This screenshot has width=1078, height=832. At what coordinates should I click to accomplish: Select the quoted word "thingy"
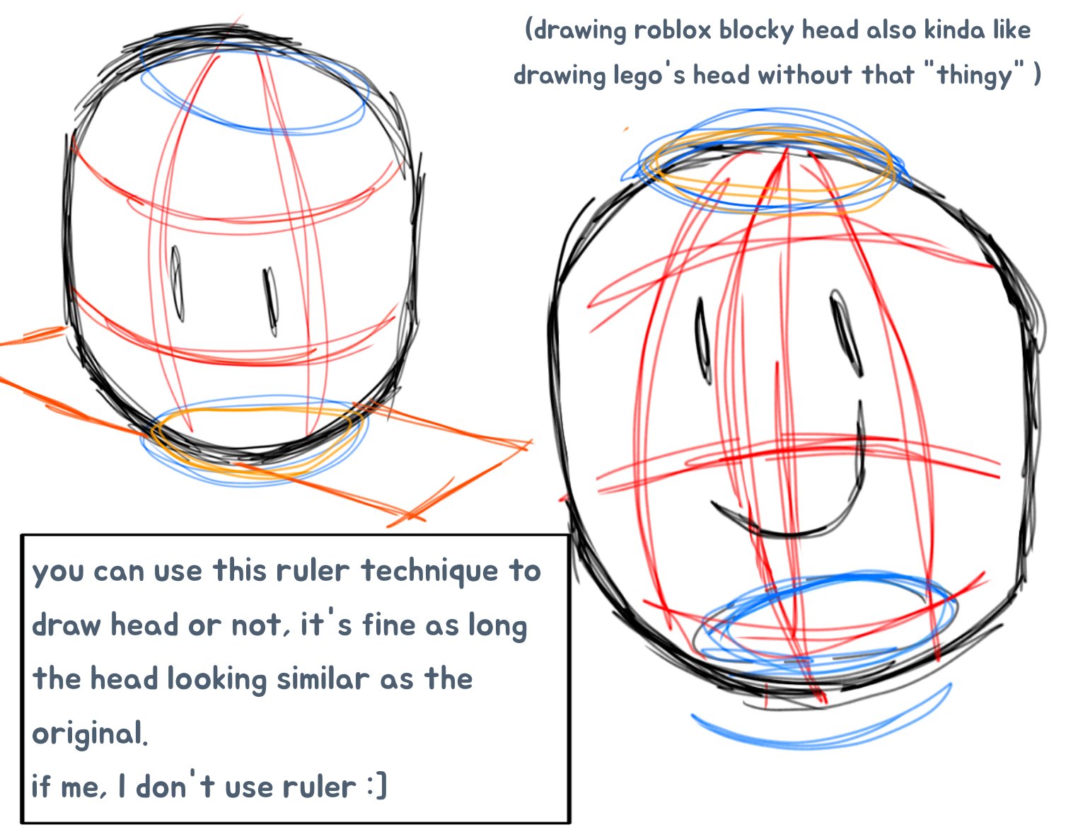[x=975, y=74]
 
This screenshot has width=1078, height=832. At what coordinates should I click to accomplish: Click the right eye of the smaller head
[x=270, y=302]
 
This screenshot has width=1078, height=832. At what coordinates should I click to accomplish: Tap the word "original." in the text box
[x=90, y=733]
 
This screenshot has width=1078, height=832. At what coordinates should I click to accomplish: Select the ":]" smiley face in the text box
[x=377, y=786]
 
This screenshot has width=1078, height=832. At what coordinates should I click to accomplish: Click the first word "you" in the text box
[x=58, y=572]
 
